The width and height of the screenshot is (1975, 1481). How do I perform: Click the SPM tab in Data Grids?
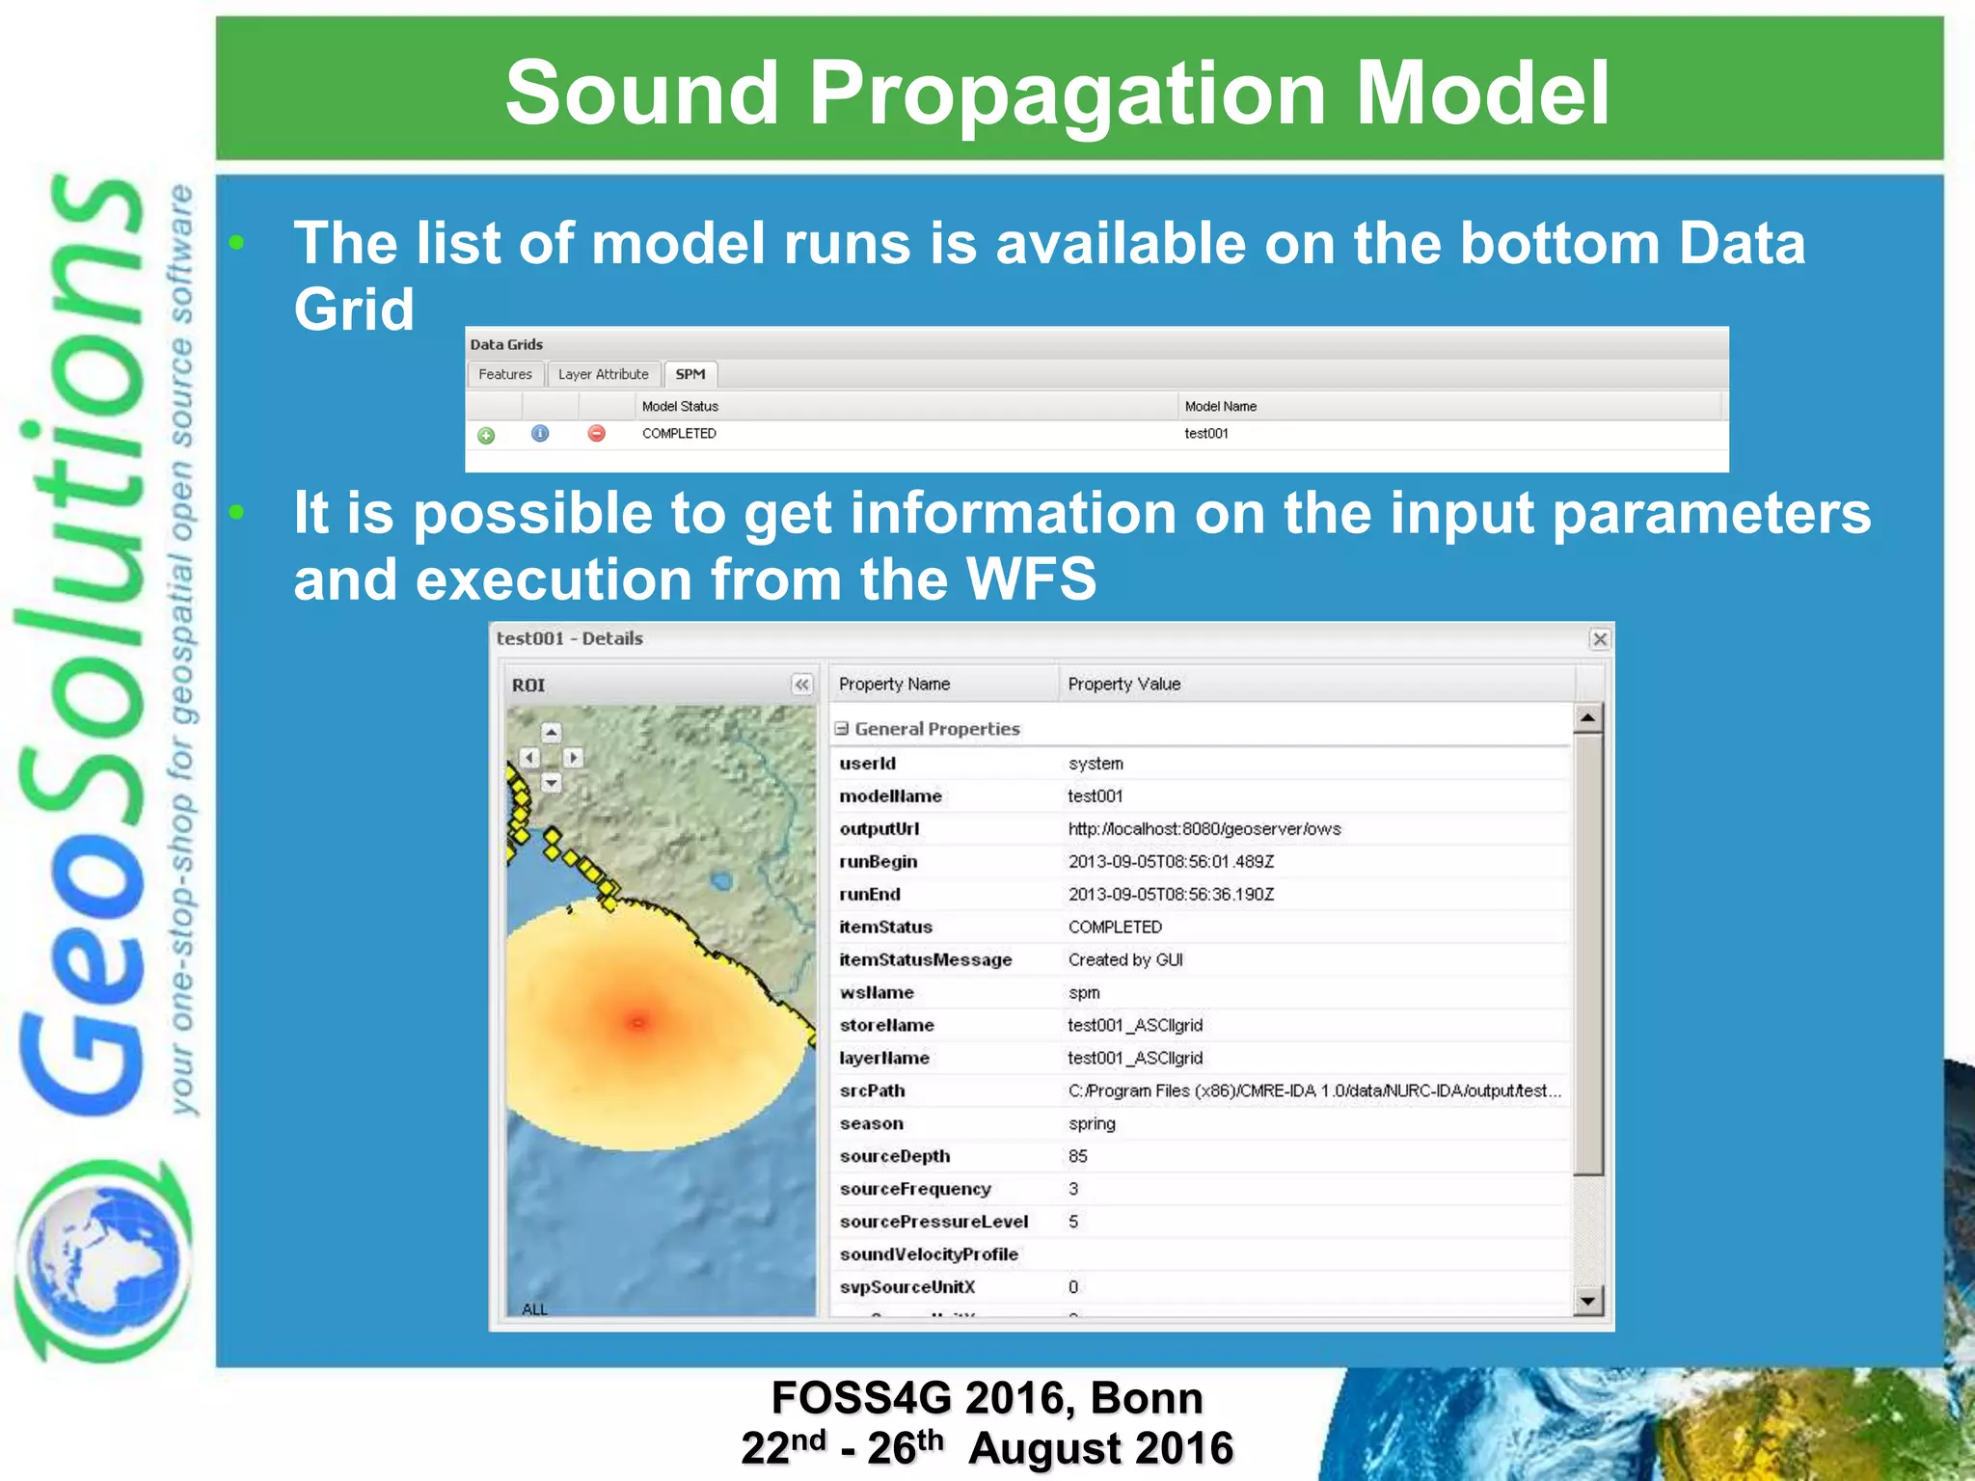click(690, 374)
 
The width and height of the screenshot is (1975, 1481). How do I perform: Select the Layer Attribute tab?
click(603, 374)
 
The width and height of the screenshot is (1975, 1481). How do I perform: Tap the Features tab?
click(504, 374)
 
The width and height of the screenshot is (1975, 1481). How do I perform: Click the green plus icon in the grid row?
click(486, 436)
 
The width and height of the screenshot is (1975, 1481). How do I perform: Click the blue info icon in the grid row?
click(540, 434)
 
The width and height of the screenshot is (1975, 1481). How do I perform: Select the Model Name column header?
click(1220, 406)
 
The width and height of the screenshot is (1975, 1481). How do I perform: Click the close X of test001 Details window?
click(1600, 639)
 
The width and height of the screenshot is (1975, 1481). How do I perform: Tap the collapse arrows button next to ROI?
click(801, 685)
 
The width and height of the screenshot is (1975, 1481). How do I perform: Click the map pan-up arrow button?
click(551, 733)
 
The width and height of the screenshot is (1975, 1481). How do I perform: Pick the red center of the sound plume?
click(637, 1021)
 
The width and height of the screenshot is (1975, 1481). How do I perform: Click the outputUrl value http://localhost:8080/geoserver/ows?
click(1204, 829)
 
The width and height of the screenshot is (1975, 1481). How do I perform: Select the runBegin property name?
click(878, 862)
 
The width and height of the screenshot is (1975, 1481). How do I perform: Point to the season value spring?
click(1092, 1124)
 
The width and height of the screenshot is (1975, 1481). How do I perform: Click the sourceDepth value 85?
click(1077, 1157)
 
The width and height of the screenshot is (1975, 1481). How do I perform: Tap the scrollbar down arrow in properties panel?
click(1588, 1302)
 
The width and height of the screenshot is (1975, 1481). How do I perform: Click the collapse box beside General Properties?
click(842, 729)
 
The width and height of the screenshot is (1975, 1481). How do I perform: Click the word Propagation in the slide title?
click(1067, 93)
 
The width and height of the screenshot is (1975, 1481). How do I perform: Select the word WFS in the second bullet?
click(1031, 579)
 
